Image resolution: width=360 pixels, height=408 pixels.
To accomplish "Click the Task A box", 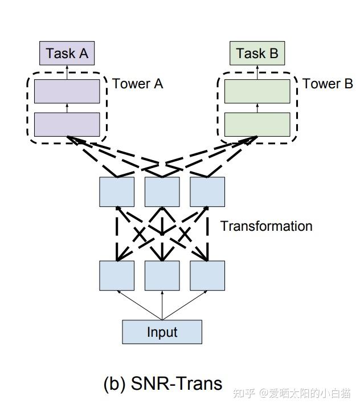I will pyautogui.click(x=67, y=54).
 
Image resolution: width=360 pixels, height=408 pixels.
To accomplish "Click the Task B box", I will pyautogui.click(x=257, y=54).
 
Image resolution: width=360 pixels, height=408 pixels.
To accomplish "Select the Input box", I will pyautogui.click(x=162, y=332).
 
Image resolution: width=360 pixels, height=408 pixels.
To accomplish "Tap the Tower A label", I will pyautogui.click(x=137, y=84).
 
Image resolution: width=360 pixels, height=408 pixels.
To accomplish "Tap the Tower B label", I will pyautogui.click(x=328, y=84).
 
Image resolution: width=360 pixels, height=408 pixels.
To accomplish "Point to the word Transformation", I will pyautogui.click(x=266, y=226).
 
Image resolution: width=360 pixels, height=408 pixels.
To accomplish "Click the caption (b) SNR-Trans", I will pyautogui.click(x=163, y=383).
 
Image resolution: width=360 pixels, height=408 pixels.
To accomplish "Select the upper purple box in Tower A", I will pyautogui.click(x=67, y=92).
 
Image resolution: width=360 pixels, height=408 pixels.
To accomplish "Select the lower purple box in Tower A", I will pyautogui.click(x=67, y=124).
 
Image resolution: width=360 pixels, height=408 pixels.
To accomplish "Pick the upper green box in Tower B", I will pyautogui.click(x=257, y=92).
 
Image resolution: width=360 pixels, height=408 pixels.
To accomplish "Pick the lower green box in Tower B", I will pyautogui.click(x=257, y=124).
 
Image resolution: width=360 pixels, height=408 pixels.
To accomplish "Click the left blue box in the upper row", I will pyautogui.click(x=117, y=191).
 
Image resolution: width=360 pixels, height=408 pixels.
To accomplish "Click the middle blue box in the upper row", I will pyautogui.click(x=162, y=191).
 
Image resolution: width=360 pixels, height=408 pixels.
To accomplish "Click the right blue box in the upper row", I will pyautogui.click(x=207, y=191).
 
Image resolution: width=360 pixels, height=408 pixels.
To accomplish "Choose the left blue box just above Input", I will pyautogui.click(x=117, y=275).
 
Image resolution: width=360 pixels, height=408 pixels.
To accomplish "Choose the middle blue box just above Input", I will pyautogui.click(x=162, y=275).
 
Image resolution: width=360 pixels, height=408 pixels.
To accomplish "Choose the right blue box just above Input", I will pyautogui.click(x=207, y=275).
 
